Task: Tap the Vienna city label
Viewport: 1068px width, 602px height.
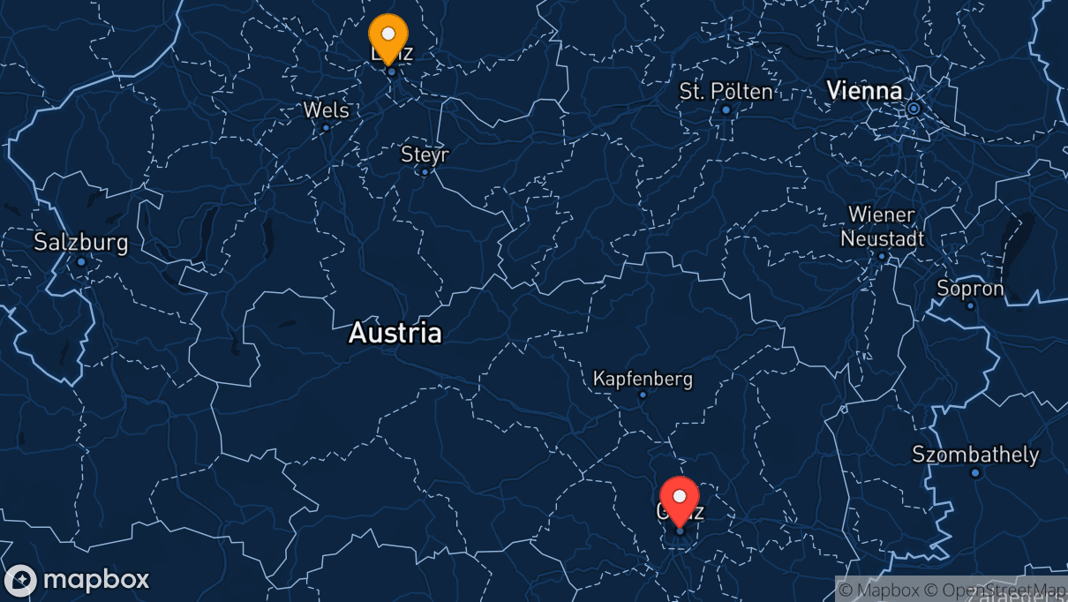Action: pyautogui.click(x=864, y=90)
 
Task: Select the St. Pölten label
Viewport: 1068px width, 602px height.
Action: pyautogui.click(x=726, y=91)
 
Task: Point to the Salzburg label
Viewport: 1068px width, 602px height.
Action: pyautogui.click(x=81, y=242)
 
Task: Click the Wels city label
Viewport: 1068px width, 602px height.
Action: pyautogui.click(x=326, y=110)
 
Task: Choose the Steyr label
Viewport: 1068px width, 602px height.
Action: pyautogui.click(x=425, y=154)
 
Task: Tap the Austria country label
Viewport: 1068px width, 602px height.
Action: pyautogui.click(x=395, y=333)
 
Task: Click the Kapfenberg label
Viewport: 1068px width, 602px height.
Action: pyautogui.click(x=643, y=379)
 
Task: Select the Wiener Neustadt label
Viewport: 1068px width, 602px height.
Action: pyautogui.click(x=882, y=226)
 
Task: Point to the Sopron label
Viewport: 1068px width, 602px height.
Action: pyautogui.click(x=970, y=289)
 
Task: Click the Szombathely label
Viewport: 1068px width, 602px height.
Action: pyautogui.click(x=975, y=455)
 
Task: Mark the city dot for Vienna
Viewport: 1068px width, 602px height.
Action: pyautogui.click(x=914, y=109)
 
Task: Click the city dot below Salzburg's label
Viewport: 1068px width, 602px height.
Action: pyautogui.click(x=81, y=262)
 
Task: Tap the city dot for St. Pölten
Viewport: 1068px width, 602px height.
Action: pyautogui.click(x=726, y=109)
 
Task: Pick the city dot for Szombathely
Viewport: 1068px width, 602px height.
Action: pyautogui.click(x=975, y=473)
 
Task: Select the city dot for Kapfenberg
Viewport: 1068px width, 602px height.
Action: pyautogui.click(x=643, y=395)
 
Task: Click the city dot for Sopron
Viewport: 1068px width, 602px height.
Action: pyautogui.click(x=970, y=306)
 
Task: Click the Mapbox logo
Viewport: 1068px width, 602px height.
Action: pyautogui.click(x=78, y=580)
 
